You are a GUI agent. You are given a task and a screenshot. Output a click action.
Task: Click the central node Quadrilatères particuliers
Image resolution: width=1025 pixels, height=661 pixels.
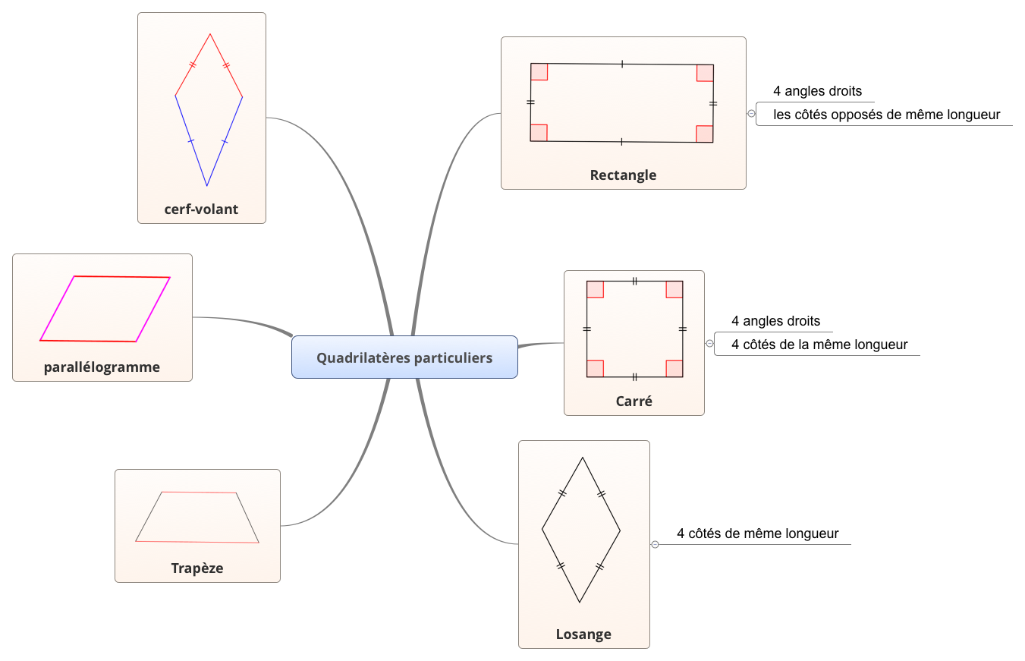coord(404,357)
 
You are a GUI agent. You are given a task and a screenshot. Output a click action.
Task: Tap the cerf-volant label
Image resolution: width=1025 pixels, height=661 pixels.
coord(201,209)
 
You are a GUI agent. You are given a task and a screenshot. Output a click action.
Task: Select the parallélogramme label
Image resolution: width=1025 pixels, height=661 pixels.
coord(102,367)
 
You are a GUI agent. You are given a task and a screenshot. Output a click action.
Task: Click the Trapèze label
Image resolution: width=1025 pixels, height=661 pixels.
coord(197,568)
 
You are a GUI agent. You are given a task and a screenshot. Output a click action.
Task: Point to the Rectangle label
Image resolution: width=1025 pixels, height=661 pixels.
coord(623,175)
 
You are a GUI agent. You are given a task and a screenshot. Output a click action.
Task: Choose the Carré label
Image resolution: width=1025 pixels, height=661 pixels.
coord(634,401)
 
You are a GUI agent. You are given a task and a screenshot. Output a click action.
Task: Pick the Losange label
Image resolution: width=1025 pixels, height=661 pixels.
coord(583,634)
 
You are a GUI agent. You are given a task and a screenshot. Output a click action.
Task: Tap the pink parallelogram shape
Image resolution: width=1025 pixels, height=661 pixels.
coord(105,309)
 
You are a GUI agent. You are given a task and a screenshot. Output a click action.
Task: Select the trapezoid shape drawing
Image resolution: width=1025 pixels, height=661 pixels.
coord(197,518)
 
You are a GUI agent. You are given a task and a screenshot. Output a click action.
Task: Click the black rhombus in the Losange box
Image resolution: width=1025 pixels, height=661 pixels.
coord(581,530)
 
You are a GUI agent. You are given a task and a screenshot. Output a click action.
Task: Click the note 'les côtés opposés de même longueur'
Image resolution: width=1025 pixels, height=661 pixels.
coord(886,115)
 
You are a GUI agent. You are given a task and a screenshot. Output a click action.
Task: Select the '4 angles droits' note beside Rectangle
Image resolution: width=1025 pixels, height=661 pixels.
coord(817,91)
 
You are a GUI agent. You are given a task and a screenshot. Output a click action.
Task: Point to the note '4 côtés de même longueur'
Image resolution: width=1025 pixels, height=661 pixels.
coord(757,534)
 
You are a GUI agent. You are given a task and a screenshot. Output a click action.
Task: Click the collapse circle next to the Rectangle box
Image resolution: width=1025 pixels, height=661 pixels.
coord(751,113)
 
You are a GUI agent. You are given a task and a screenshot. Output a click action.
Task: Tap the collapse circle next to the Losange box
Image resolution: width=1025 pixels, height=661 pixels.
coord(655,544)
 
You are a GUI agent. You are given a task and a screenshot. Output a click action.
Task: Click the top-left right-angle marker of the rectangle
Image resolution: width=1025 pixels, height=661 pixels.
coord(539,72)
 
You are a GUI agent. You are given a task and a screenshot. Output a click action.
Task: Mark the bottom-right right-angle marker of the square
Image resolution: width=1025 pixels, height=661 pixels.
coord(674,368)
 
